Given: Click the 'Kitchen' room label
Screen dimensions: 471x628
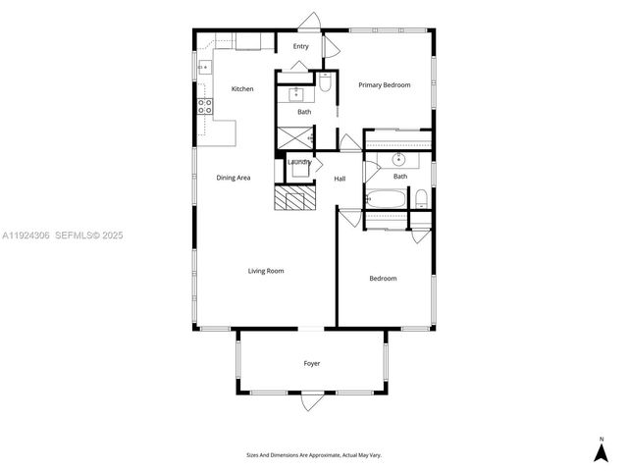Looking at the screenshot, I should click(242, 89).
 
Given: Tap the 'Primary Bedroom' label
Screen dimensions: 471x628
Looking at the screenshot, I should click(384, 85).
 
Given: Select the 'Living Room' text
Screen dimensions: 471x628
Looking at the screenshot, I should click(265, 271).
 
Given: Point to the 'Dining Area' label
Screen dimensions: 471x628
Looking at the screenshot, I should click(234, 178).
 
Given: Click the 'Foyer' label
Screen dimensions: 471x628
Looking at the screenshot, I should click(312, 364).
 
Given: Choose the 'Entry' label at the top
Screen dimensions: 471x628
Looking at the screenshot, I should click(301, 46).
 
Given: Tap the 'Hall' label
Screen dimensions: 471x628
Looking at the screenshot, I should click(340, 179).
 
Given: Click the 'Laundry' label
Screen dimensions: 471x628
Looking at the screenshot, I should click(299, 162).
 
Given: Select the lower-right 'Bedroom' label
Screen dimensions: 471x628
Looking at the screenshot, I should click(383, 279).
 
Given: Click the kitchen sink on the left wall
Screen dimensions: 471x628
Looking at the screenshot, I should click(205, 68).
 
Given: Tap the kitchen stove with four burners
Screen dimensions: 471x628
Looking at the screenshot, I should click(205, 107).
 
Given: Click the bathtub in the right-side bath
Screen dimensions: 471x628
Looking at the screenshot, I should click(387, 199).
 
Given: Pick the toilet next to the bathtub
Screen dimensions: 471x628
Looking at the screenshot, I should click(421, 199).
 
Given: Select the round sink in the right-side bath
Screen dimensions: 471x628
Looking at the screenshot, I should click(399, 159).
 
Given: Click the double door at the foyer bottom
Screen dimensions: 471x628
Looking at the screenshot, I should click(312, 400).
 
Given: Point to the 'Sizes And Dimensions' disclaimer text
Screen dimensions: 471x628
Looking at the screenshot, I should click(312, 454).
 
